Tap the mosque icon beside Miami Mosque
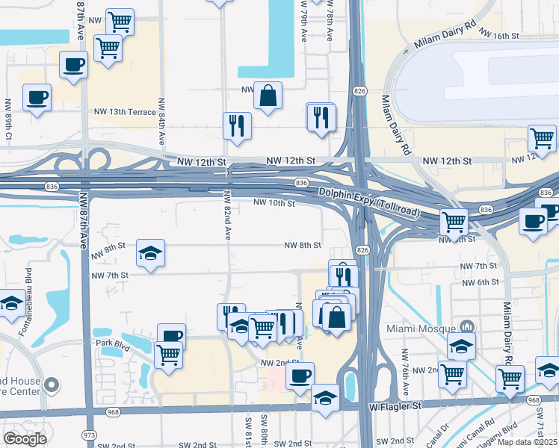tap(468, 327)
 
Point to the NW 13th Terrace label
tap(125, 112)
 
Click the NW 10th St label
tap(274, 202)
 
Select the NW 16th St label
tap(499, 35)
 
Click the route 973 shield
tap(90, 435)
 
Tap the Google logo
tap(25, 439)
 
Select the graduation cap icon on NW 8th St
tap(150, 253)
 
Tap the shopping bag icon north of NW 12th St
tap(267, 96)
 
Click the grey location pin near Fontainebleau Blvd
tap(51, 385)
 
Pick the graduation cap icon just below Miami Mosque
tap(461, 345)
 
